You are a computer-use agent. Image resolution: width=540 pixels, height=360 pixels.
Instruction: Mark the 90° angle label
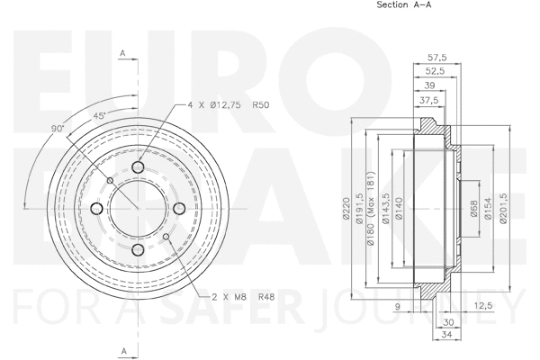[x=59, y=129]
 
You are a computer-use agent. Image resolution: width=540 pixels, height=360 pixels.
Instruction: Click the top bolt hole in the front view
[x=138, y=167]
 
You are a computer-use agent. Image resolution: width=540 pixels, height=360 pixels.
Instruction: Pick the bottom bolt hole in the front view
[x=138, y=250]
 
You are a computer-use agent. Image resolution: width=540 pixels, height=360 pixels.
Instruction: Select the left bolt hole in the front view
[x=96, y=209]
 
